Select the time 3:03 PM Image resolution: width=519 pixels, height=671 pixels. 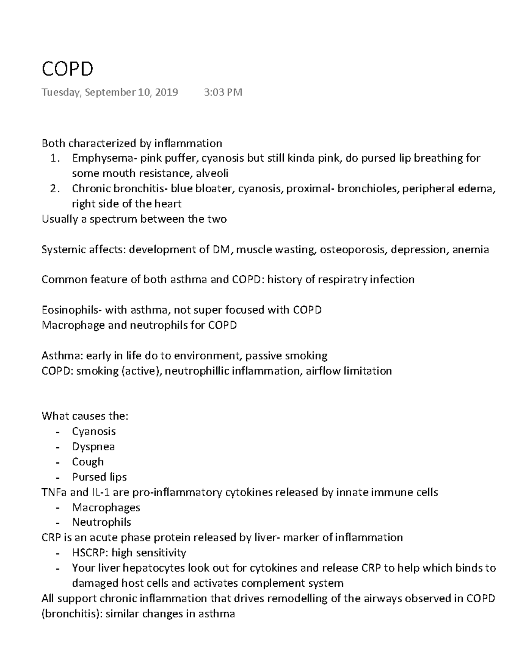tap(223, 92)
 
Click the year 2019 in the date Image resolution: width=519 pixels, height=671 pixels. tap(166, 92)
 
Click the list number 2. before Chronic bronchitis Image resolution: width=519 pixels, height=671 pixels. tap(54, 189)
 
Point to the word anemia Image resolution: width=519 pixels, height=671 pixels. tap(471, 250)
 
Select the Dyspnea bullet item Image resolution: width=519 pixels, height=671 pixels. tap(93, 447)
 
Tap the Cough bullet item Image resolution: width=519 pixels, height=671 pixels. tap(88, 462)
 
